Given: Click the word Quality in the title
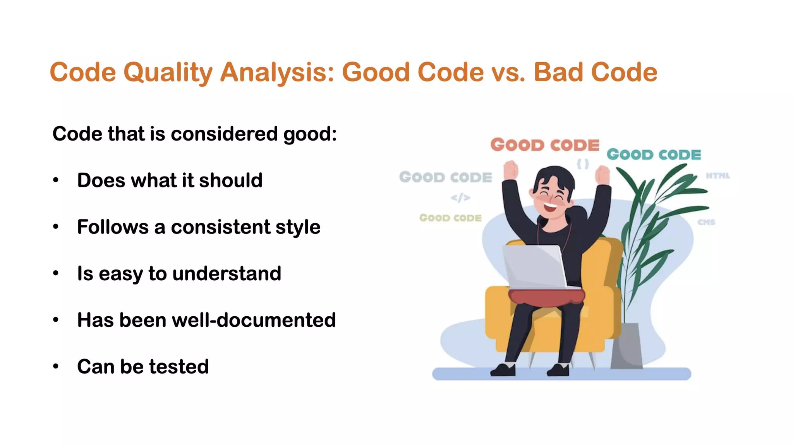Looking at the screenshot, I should coord(168,72).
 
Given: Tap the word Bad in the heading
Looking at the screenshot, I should coord(558,72).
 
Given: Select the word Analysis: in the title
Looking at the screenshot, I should coord(277,72).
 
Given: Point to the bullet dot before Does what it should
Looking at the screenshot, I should coord(56,180).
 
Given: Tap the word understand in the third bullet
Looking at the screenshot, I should coord(227,274).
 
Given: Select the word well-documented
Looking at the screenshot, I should coord(254,320).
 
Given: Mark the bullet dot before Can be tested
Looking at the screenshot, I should coord(56,367).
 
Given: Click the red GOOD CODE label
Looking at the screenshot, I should coord(545,145).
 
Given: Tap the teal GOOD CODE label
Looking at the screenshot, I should coord(654,154).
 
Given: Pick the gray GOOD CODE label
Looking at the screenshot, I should coord(445,177).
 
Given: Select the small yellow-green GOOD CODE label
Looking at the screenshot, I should coord(450,218).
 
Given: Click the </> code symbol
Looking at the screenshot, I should coord(460,198).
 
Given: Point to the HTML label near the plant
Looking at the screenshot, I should coord(717,176).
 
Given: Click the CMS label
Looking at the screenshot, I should coord(706,222).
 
